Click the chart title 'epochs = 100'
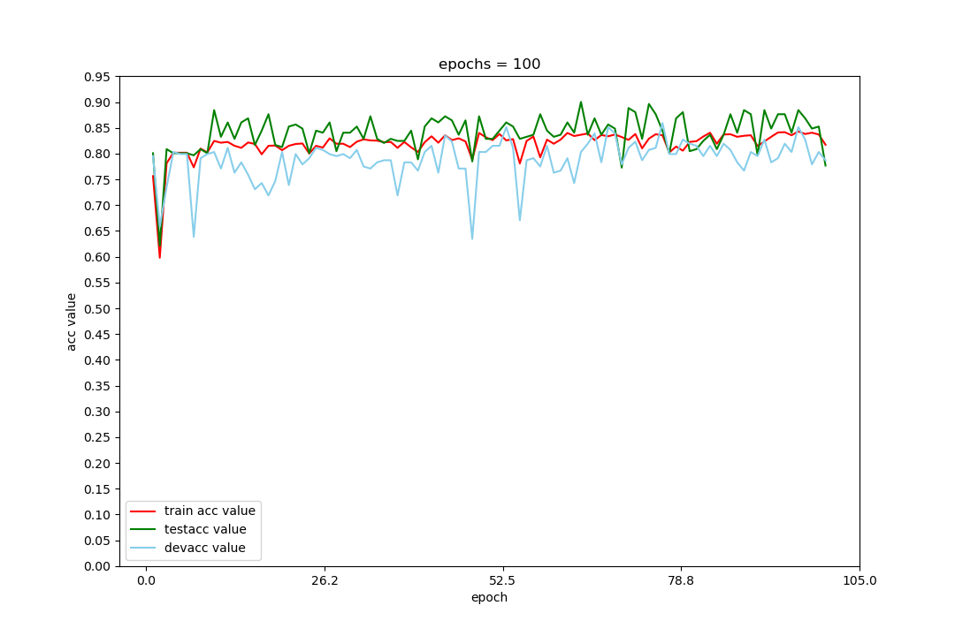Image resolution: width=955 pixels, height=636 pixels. (x=489, y=64)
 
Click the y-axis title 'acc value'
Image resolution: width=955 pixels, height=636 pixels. (x=72, y=322)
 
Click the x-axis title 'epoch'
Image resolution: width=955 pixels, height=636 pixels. (x=489, y=597)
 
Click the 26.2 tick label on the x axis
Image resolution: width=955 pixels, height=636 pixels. (x=325, y=581)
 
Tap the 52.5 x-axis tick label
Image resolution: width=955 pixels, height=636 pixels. (x=502, y=581)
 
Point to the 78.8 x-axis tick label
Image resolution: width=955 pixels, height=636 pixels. (x=681, y=581)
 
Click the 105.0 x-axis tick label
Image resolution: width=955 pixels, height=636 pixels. (x=859, y=581)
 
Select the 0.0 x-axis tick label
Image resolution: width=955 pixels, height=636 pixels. (x=146, y=581)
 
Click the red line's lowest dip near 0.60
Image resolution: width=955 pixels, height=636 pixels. (x=159, y=257)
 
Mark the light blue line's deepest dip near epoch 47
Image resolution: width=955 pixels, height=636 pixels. (x=472, y=238)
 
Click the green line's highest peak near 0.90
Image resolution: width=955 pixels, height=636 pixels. (x=581, y=102)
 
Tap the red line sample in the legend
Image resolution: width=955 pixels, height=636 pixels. (x=144, y=511)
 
